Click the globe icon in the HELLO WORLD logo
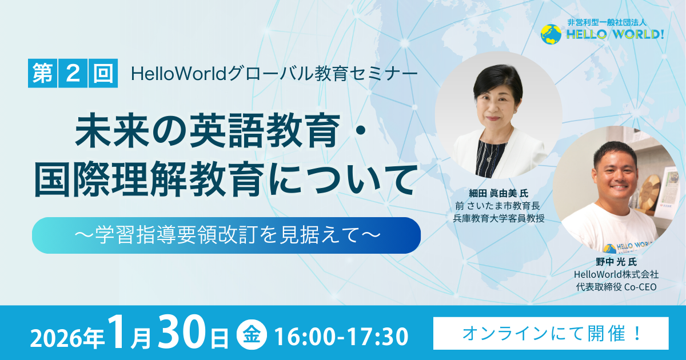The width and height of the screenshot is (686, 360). pos(551,34)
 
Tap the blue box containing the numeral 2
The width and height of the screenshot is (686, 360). pos(73,73)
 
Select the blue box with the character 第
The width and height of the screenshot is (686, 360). pos(42,73)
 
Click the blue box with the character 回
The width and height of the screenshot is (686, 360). pos(103,73)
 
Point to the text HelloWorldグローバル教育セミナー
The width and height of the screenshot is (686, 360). pos(274,74)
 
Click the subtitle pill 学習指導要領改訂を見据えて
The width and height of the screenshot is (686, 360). pos(226,235)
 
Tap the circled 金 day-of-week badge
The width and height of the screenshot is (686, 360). pos(252,334)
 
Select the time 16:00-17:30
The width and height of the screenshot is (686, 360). pos(341,337)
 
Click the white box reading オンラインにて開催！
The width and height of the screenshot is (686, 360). pos(551,333)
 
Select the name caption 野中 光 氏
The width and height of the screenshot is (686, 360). pos(616,262)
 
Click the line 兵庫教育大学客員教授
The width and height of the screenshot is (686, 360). pos(498,218)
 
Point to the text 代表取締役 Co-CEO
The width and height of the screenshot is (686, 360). pos(616,287)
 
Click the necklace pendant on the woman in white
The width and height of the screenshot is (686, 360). pos(489,159)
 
